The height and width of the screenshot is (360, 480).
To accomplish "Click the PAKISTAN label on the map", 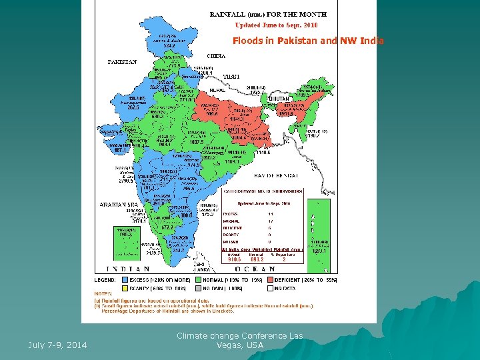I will coord(123,63).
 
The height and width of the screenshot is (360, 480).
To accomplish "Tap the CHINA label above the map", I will coord(216,56).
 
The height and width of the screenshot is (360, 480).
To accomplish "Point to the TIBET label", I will coord(232,76).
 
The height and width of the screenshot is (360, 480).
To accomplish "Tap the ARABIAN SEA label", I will coord(118,204).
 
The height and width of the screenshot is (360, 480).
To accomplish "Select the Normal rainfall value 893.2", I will coord(258,259).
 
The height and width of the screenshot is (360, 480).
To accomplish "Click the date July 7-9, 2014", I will coord(57,345).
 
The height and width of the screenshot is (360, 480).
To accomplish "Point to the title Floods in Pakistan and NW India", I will coord(308,41).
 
